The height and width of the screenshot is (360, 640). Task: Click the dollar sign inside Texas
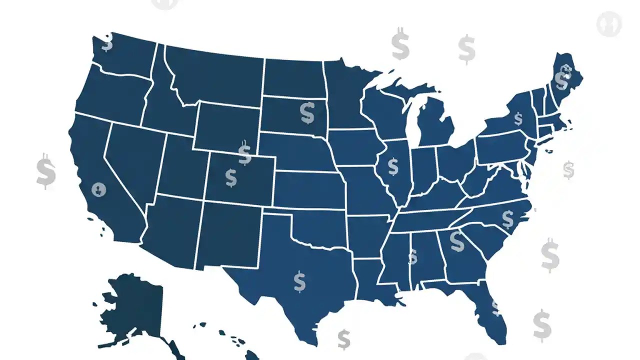(x=299, y=281)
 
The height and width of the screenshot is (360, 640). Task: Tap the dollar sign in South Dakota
(x=307, y=113)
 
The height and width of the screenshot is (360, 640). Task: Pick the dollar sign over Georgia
(x=456, y=241)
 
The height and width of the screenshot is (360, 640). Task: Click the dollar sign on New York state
(x=518, y=119)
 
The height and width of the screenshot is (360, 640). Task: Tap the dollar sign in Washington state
(x=107, y=42)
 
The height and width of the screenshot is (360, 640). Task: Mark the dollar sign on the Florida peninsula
(x=495, y=307)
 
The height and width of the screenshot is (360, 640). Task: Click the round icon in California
(x=99, y=189)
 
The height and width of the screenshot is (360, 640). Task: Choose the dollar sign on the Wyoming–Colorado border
(x=244, y=153)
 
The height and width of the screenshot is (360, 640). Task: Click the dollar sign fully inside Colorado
(x=230, y=177)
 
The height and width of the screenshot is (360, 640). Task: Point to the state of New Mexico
(x=227, y=235)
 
